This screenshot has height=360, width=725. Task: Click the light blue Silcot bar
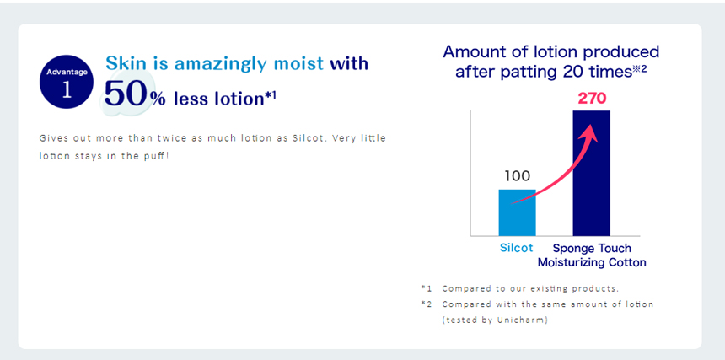tap(517, 212)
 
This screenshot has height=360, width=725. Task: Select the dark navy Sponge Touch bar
tap(591, 174)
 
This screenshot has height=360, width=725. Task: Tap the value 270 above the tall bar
tap(592, 99)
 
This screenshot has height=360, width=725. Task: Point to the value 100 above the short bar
tap(517, 176)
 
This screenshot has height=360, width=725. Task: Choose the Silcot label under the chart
tap(517, 248)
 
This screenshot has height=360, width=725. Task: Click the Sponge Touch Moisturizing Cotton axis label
tap(591, 255)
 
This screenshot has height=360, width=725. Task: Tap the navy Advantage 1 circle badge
tap(67, 82)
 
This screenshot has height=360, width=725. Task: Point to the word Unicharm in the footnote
tap(529, 320)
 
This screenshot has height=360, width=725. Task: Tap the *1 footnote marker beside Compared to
tap(426, 288)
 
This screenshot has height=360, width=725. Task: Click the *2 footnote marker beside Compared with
tap(426, 304)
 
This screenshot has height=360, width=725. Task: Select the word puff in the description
tap(156, 156)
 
